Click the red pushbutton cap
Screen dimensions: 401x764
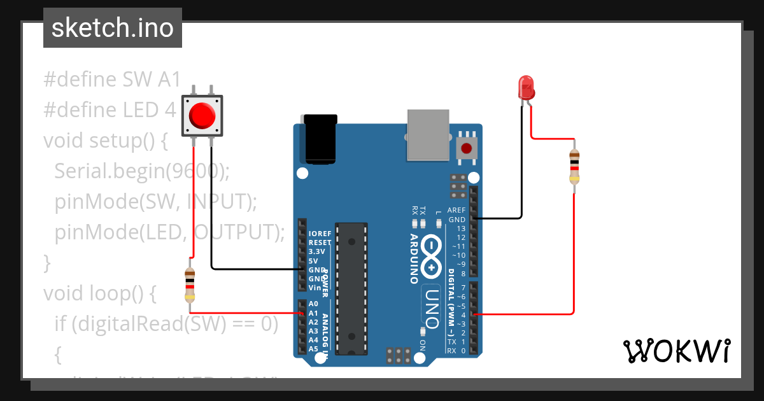point(202,116)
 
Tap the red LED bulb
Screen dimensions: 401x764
point(527,87)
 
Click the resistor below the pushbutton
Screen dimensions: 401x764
point(190,285)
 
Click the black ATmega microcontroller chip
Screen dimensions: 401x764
point(351,288)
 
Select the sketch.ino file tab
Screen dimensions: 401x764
point(113,28)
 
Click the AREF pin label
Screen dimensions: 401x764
point(456,210)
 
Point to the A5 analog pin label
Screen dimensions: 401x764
point(313,349)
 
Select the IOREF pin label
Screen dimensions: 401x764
point(320,234)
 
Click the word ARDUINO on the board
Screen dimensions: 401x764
point(414,258)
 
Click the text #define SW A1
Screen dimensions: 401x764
point(107,80)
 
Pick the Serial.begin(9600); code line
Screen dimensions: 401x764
point(141,171)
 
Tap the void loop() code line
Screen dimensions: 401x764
point(99,293)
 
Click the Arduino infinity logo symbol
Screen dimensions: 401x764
point(431,256)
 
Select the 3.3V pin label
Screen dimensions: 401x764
point(316,251)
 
